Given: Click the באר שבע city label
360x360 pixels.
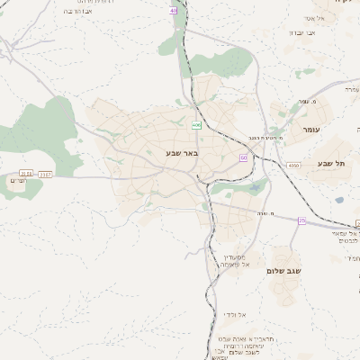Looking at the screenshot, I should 181,154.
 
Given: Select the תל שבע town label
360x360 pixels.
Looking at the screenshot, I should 332,163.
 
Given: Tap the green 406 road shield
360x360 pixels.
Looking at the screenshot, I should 196,127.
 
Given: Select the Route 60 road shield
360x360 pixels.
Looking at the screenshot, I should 243,157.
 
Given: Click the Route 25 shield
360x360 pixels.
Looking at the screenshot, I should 302,220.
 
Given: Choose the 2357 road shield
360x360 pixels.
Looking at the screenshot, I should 46,173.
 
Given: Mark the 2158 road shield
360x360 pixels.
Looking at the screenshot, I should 25,173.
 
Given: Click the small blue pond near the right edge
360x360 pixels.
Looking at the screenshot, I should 338,200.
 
